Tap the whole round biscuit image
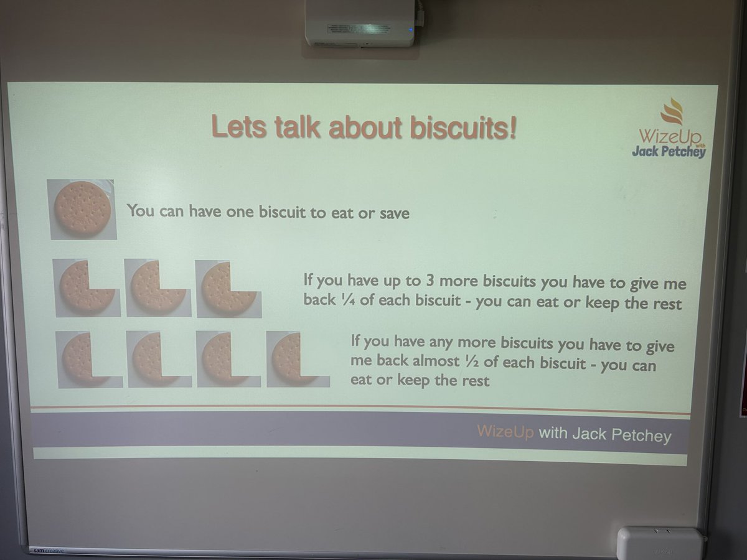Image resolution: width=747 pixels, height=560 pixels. click(82, 208)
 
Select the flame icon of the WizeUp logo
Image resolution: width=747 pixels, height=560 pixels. click(672, 112)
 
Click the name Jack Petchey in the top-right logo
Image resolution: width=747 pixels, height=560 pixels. click(668, 151)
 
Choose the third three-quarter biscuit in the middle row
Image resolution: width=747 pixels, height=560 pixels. click(228, 287)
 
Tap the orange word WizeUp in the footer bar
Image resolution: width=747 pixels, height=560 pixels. click(505, 432)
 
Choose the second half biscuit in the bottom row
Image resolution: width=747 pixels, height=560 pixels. click(158, 359)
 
